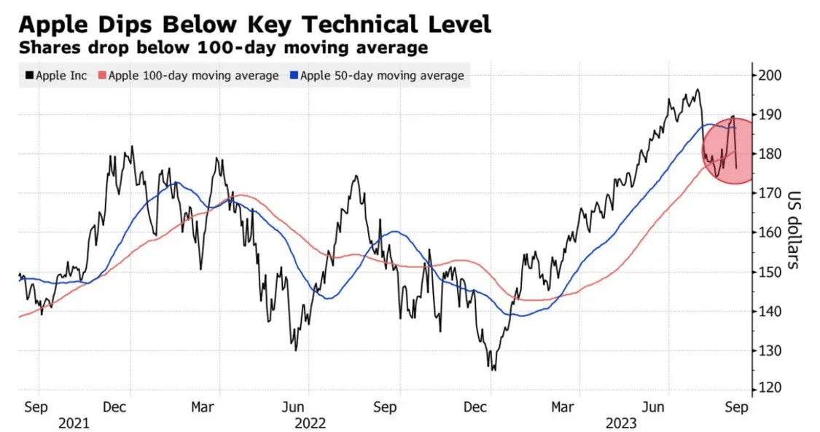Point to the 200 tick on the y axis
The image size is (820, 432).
tap(770, 75)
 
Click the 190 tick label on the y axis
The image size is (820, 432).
tap(770, 114)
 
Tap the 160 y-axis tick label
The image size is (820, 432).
tap(770, 232)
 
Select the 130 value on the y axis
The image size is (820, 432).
tap(770, 350)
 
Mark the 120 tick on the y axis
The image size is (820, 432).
tap(770, 388)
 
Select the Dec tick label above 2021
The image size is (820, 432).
tap(117, 407)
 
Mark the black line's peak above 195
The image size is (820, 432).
tap(698, 90)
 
